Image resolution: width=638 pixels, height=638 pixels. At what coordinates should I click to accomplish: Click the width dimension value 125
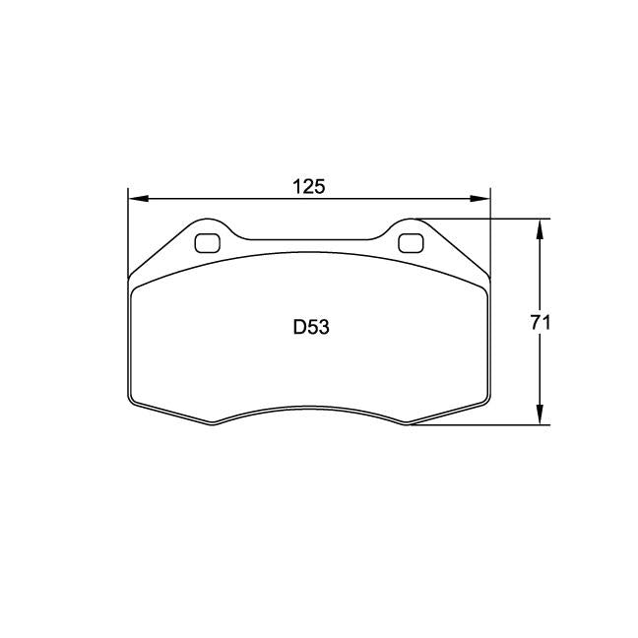(x=308, y=186)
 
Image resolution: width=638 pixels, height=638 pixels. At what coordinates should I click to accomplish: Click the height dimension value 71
(x=539, y=322)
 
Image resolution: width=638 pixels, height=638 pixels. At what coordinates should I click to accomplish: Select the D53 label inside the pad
(x=310, y=328)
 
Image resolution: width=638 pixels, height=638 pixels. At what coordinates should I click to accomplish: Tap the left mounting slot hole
(x=209, y=242)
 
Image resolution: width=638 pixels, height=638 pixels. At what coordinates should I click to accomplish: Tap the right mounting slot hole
(x=409, y=242)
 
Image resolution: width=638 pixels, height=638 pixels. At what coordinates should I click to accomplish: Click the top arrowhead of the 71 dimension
(x=539, y=227)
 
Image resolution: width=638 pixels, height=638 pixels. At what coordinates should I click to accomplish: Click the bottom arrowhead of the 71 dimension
(x=539, y=416)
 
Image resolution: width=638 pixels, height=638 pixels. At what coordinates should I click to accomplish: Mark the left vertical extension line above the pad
(x=129, y=226)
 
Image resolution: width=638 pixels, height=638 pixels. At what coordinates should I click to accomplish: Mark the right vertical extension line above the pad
(x=489, y=226)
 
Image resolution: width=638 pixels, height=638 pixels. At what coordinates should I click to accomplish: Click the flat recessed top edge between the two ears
(x=309, y=237)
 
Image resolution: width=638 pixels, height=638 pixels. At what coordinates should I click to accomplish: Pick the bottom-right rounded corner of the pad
(x=484, y=401)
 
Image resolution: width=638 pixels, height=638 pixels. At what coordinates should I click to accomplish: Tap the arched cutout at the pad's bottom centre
(x=309, y=408)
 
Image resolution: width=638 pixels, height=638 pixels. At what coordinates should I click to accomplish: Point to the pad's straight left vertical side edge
(x=129, y=340)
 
